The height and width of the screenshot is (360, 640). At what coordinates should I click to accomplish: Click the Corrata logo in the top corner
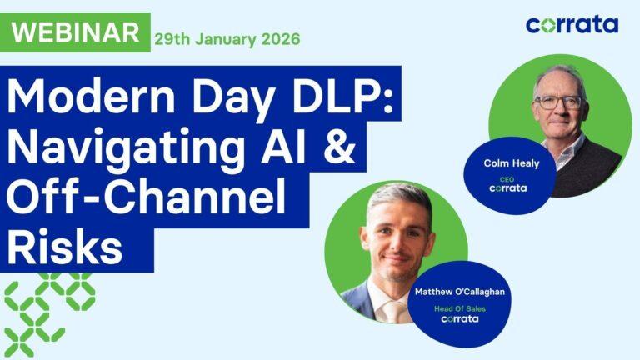572,24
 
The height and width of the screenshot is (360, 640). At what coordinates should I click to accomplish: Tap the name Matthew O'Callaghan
459,292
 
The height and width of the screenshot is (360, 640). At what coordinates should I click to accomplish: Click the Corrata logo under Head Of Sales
459,318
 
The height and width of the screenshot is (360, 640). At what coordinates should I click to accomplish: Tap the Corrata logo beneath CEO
508,188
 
